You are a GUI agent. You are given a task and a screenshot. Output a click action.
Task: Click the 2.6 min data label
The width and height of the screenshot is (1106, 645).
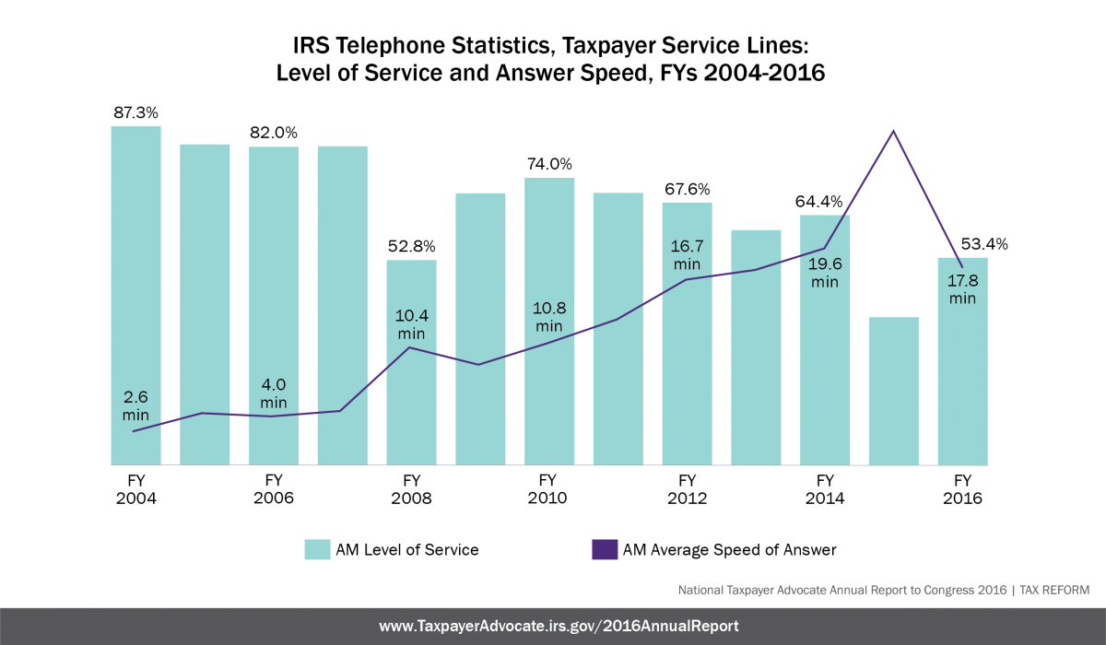[135, 406]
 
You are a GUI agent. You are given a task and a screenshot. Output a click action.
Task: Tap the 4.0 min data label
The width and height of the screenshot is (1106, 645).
[274, 393]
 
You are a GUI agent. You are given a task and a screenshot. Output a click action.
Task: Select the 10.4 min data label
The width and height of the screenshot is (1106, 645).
[411, 323]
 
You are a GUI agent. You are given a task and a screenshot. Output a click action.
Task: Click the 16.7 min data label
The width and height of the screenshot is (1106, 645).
[687, 254]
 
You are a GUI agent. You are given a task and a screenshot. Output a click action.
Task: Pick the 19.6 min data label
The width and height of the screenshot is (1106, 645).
[825, 273]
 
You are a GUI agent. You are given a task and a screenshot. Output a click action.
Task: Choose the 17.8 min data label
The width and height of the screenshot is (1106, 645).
[962, 289]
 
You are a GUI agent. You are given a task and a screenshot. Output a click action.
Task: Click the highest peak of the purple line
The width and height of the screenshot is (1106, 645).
[893, 131]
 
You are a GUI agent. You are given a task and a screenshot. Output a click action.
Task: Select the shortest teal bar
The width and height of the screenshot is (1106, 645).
[894, 391]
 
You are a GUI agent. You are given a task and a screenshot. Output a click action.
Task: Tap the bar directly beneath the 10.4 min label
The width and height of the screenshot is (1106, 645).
[411, 405]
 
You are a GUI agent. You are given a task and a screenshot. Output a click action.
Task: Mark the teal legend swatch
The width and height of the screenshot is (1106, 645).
[317, 549]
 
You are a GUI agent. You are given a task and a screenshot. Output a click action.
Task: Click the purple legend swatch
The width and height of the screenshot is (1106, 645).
[605, 549]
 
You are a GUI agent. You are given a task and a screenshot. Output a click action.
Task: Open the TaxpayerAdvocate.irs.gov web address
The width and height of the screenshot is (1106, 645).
[559, 627]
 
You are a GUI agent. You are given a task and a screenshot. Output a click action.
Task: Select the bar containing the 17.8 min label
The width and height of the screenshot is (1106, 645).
[962, 387]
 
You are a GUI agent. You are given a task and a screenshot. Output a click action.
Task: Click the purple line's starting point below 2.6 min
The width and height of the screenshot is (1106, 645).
[134, 431]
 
